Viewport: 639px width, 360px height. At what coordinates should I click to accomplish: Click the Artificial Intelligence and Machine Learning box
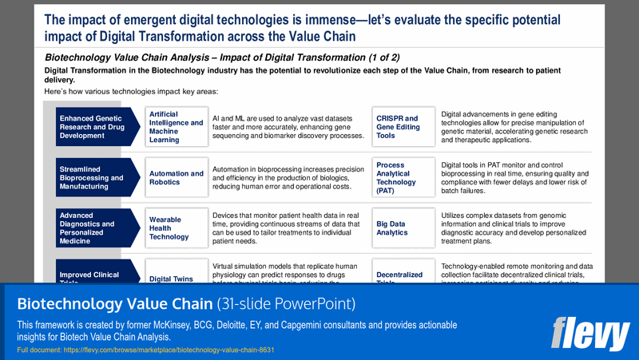point(176,128)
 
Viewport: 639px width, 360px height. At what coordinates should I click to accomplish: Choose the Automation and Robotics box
point(176,178)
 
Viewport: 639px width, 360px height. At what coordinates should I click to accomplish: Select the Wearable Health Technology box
point(176,227)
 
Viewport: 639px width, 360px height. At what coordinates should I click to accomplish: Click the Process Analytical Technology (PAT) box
point(403,178)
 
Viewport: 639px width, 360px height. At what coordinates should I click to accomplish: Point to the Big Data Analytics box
point(403,227)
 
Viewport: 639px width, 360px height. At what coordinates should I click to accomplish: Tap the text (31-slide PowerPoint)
point(286,304)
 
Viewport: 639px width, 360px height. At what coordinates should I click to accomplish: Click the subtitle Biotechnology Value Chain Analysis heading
point(222,57)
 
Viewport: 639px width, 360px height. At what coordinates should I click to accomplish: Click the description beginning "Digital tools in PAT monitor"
point(514,178)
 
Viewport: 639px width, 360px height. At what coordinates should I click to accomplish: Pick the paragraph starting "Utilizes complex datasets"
point(514,227)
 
